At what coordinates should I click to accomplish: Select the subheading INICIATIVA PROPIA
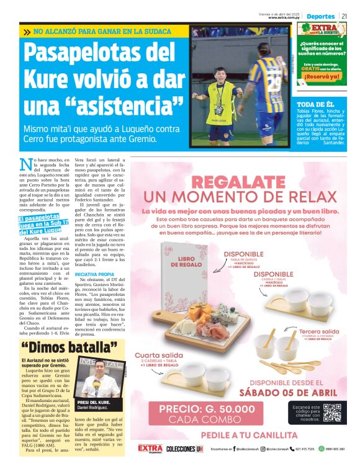click(x=94, y=274)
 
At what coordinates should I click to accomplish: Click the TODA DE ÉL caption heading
click(x=315, y=104)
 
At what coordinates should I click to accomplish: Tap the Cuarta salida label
click(x=158, y=356)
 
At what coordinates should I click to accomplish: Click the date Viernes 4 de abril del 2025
click(x=280, y=14)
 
